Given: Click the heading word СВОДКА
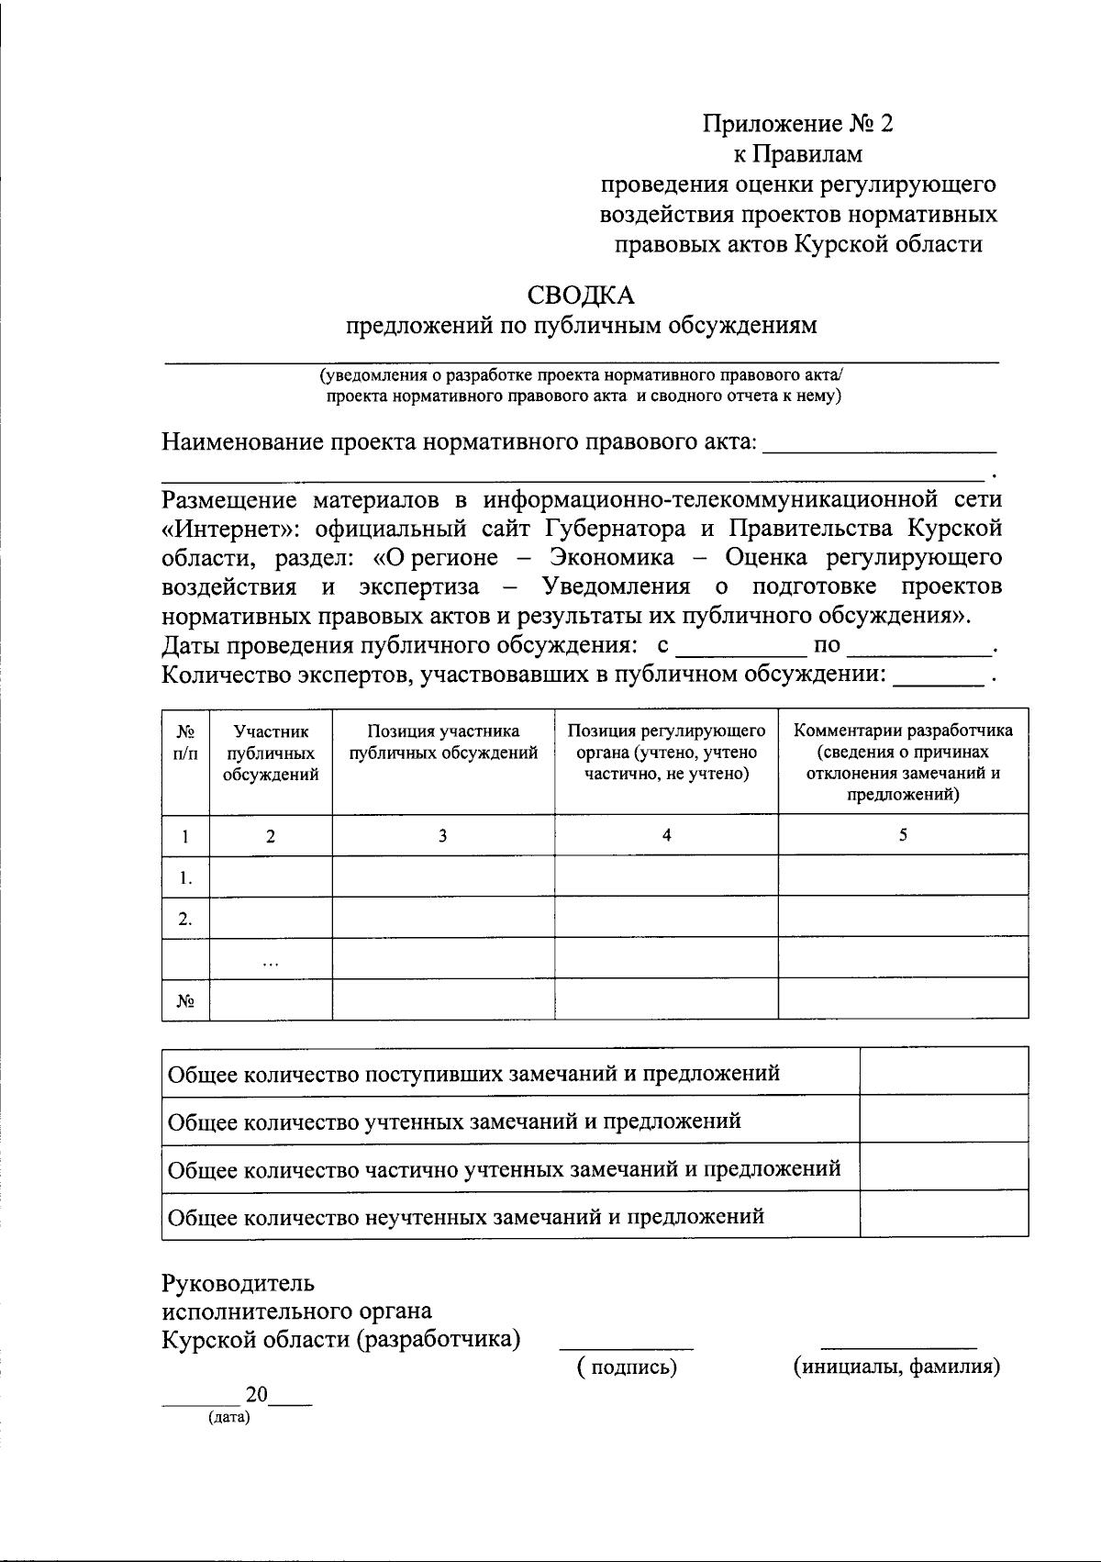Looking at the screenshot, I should click(x=580, y=296).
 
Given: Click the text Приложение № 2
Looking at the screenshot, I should click(x=797, y=124).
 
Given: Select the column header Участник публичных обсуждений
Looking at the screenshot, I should click(x=271, y=753).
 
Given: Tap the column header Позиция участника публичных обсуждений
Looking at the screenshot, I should click(x=443, y=742).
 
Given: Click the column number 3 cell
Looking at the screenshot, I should click(x=443, y=835).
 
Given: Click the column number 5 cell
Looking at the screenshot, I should click(x=903, y=835).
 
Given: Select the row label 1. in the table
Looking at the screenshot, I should click(x=185, y=878).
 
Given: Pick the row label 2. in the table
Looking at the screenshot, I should click(x=185, y=919).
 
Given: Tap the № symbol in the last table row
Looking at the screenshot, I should click(x=185, y=1001).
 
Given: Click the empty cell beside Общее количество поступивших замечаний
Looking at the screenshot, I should click(x=943, y=1071).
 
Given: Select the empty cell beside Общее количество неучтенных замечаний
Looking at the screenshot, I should click(x=943, y=1216).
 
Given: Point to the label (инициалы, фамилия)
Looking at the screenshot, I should click(x=896, y=1367).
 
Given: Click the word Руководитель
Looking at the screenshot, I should click(x=239, y=1282).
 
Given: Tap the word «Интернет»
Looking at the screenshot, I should click(x=221, y=530).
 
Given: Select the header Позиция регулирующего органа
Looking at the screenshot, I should click(x=666, y=753).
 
